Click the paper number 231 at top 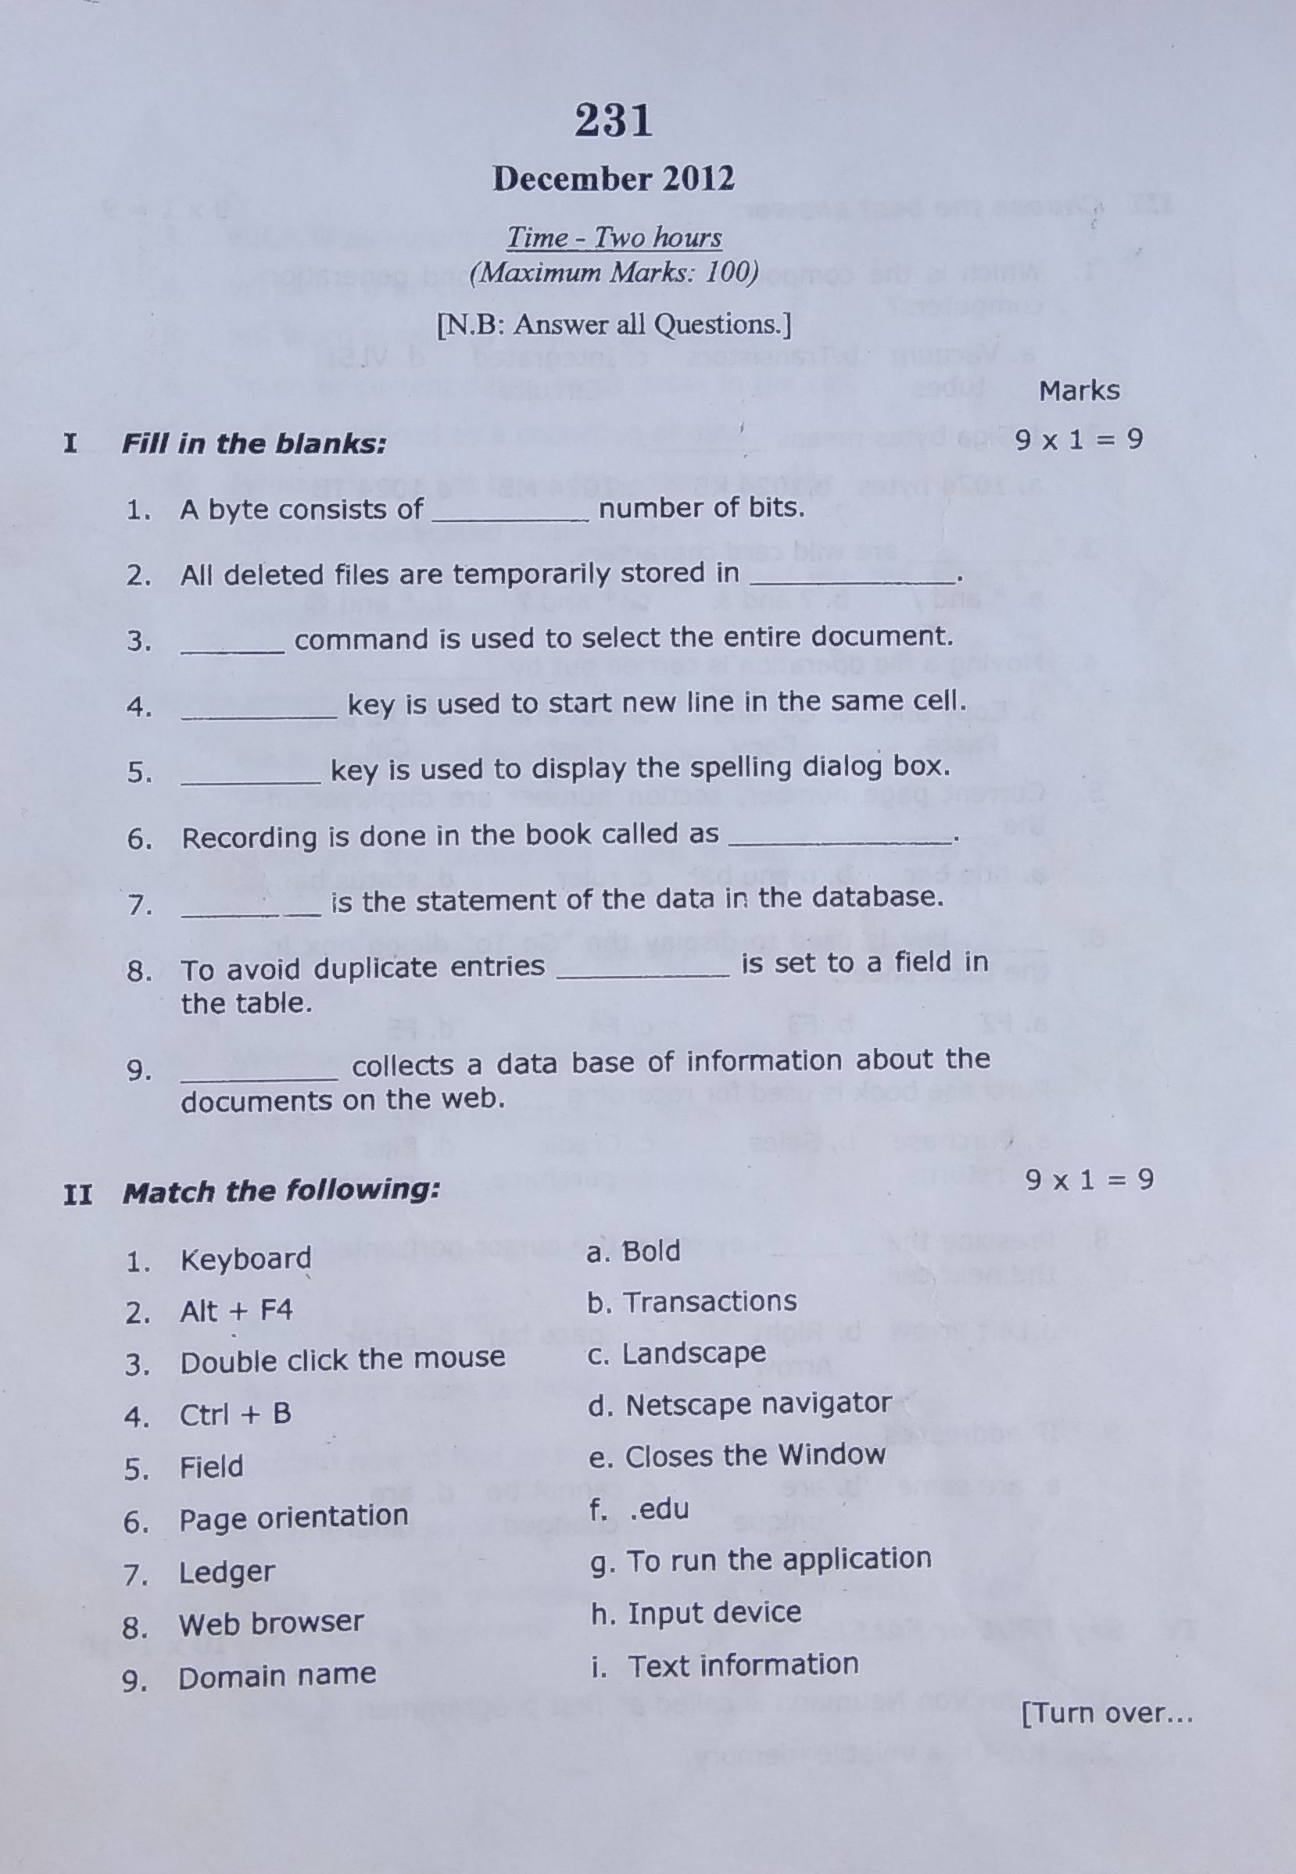(x=614, y=122)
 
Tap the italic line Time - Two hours (x=614, y=238)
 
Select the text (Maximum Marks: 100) (x=614, y=273)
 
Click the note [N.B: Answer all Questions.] (x=614, y=324)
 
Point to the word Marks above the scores (x=1079, y=392)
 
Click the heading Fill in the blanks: (x=253, y=444)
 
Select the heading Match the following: (x=281, y=1192)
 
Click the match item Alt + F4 (x=235, y=1311)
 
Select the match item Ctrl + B (x=234, y=1414)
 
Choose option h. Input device (x=696, y=1614)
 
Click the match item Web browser (x=270, y=1623)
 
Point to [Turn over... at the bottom (x=1106, y=1713)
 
